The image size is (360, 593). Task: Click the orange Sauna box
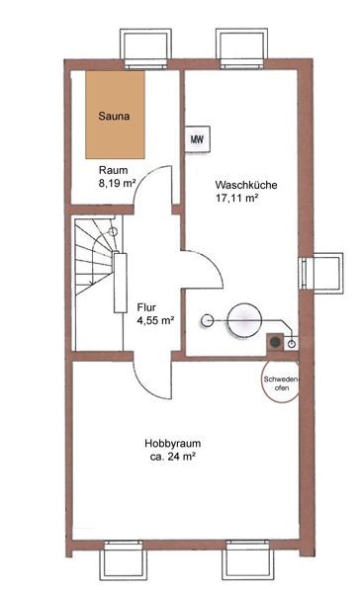(115, 115)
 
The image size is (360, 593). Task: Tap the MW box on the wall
(197, 139)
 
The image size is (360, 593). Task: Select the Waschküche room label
(246, 186)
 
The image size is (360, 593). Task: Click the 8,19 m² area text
(118, 184)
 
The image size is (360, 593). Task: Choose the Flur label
(146, 307)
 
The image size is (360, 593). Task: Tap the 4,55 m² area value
(155, 320)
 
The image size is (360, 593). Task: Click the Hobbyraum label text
(173, 443)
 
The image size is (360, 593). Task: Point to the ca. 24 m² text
(173, 457)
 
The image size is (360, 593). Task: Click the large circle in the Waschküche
(244, 320)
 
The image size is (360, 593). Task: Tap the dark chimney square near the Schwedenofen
(275, 342)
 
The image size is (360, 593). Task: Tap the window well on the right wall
(321, 273)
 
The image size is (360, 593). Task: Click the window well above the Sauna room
(145, 48)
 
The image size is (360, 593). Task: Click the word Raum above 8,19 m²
(113, 170)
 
